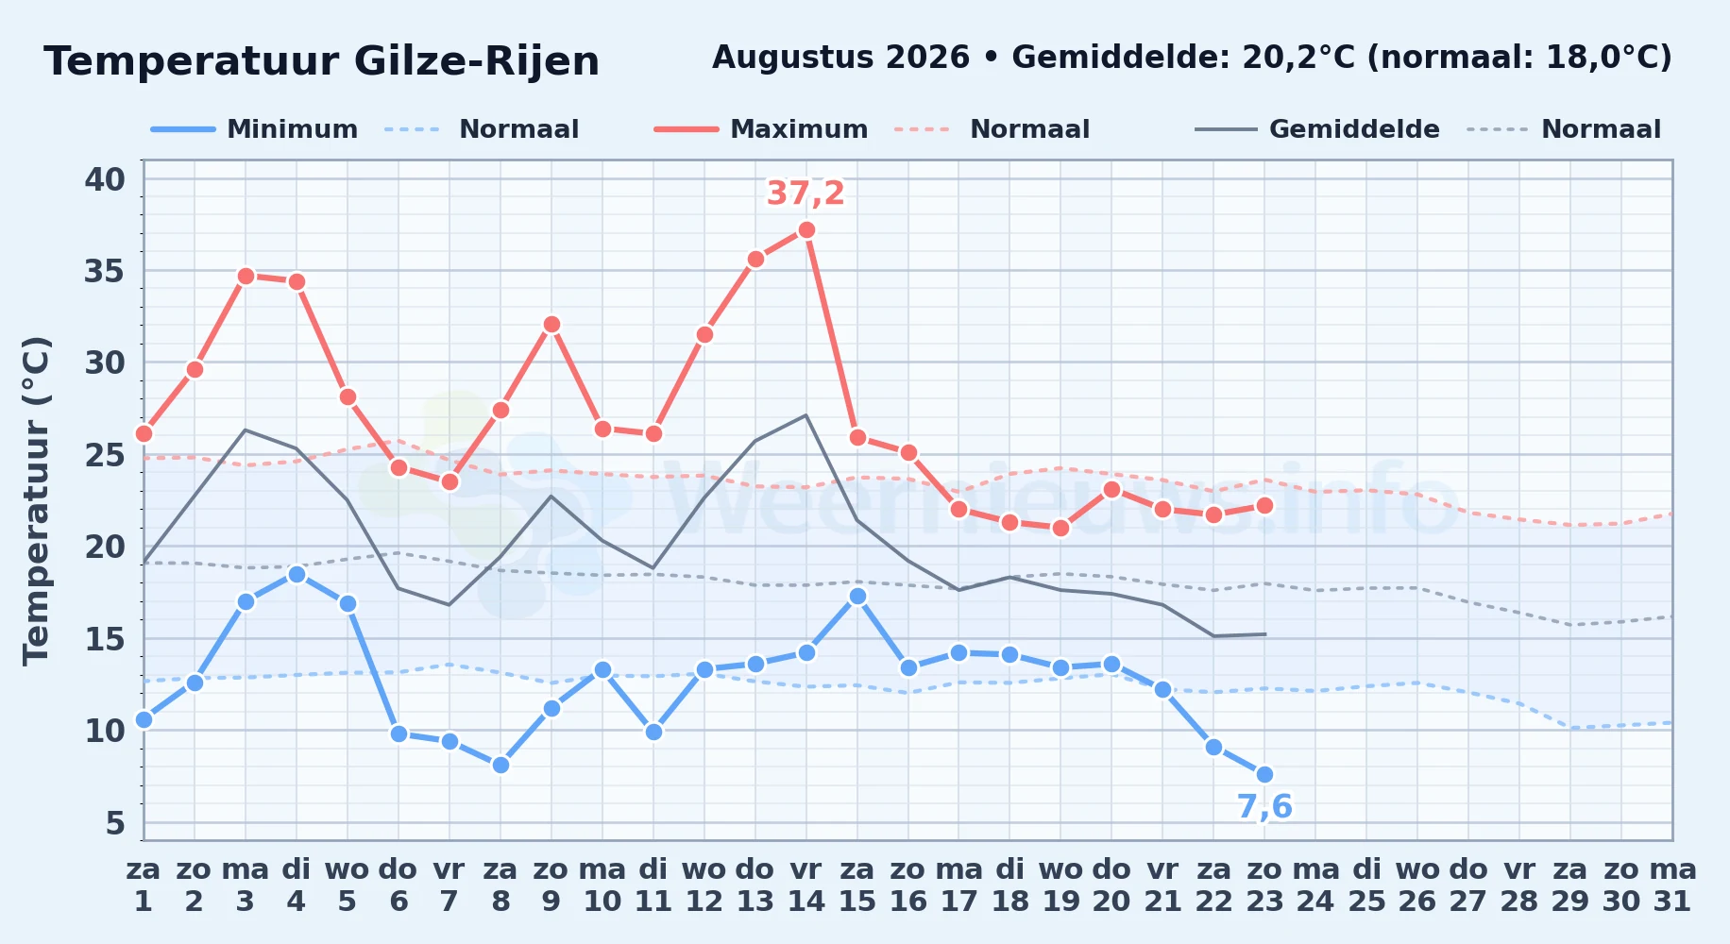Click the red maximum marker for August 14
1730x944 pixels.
pos(806,229)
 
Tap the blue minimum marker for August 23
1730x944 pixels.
pos(1264,774)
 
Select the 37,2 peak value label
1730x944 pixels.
pos(806,194)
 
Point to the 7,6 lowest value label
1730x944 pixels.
pos(1264,807)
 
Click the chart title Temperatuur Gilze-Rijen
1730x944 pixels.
pos(322,61)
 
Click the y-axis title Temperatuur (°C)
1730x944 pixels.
pos(37,500)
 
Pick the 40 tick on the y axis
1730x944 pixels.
pos(105,179)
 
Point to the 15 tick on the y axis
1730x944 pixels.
pos(105,639)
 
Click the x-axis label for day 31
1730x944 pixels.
pos(1672,885)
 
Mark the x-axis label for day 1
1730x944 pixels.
pos(144,885)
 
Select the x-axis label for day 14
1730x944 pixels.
pos(806,885)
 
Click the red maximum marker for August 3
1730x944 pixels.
pos(246,276)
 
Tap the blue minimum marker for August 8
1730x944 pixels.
pos(500,765)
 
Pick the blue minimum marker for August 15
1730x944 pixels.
pos(857,596)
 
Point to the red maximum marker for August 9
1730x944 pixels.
pos(551,324)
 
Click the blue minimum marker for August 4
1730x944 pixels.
pos(297,574)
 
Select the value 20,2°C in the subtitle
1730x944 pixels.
pos(1298,58)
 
